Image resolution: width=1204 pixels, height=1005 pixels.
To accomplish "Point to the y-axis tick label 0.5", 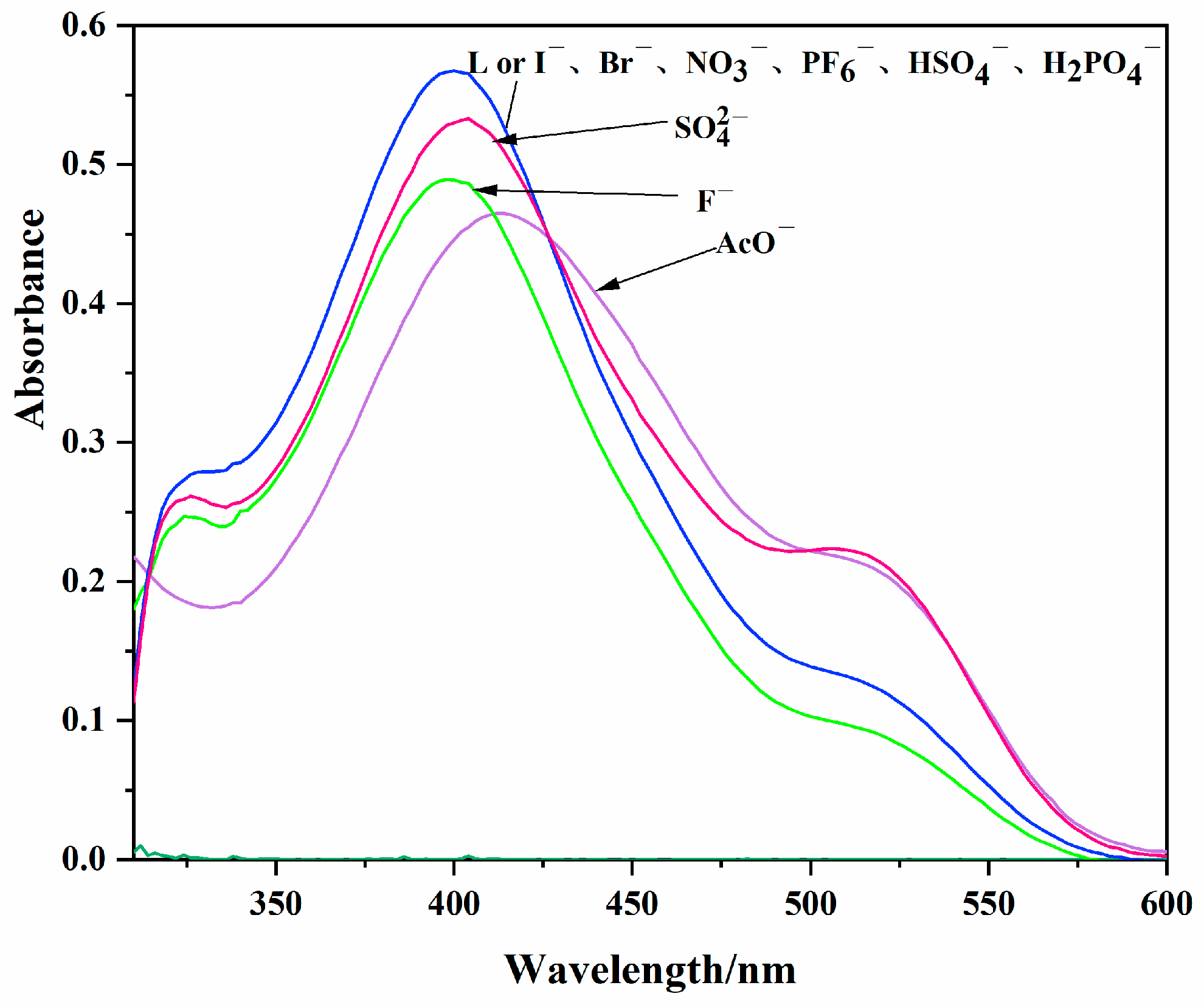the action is (x=84, y=164).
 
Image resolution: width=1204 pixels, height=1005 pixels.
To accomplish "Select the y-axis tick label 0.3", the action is (x=84, y=441).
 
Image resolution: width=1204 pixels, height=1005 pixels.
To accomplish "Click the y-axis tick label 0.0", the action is (x=84, y=858).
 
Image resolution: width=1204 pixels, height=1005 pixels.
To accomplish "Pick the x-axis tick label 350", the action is (x=275, y=903).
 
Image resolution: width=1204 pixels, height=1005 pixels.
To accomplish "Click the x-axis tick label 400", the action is (x=454, y=903).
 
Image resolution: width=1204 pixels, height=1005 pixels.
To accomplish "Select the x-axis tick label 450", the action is (x=632, y=903).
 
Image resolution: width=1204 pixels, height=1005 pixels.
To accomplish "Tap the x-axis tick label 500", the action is (x=811, y=903).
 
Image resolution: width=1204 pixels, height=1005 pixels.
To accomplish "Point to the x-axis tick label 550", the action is (x=989, y=903).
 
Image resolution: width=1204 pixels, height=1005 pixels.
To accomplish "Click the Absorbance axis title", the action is (x=30, y=319).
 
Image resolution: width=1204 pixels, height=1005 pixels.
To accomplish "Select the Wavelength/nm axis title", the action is (x=650, y=969).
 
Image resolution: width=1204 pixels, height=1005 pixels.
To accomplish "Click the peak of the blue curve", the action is (x=454, y=71).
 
